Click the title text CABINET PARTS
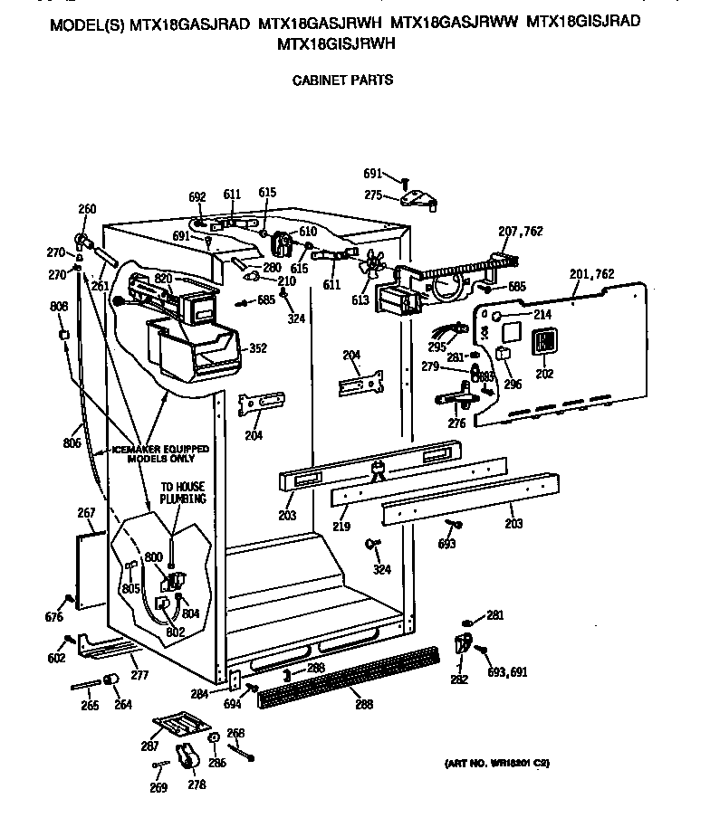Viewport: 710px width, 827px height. tap(341, 80)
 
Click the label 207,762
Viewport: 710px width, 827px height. tap(520, 232)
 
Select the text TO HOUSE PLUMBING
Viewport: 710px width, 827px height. tap(183, 492)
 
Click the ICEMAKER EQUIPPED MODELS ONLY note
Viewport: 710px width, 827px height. tap(161, 453)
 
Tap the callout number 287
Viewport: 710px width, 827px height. tap(150, 746)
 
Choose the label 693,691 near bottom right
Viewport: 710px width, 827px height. tap(507, 672)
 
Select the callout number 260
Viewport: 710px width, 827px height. tap(87, 210)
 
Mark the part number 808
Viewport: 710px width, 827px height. tap(59, 306)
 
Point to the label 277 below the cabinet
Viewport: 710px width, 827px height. tap(139, 675)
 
